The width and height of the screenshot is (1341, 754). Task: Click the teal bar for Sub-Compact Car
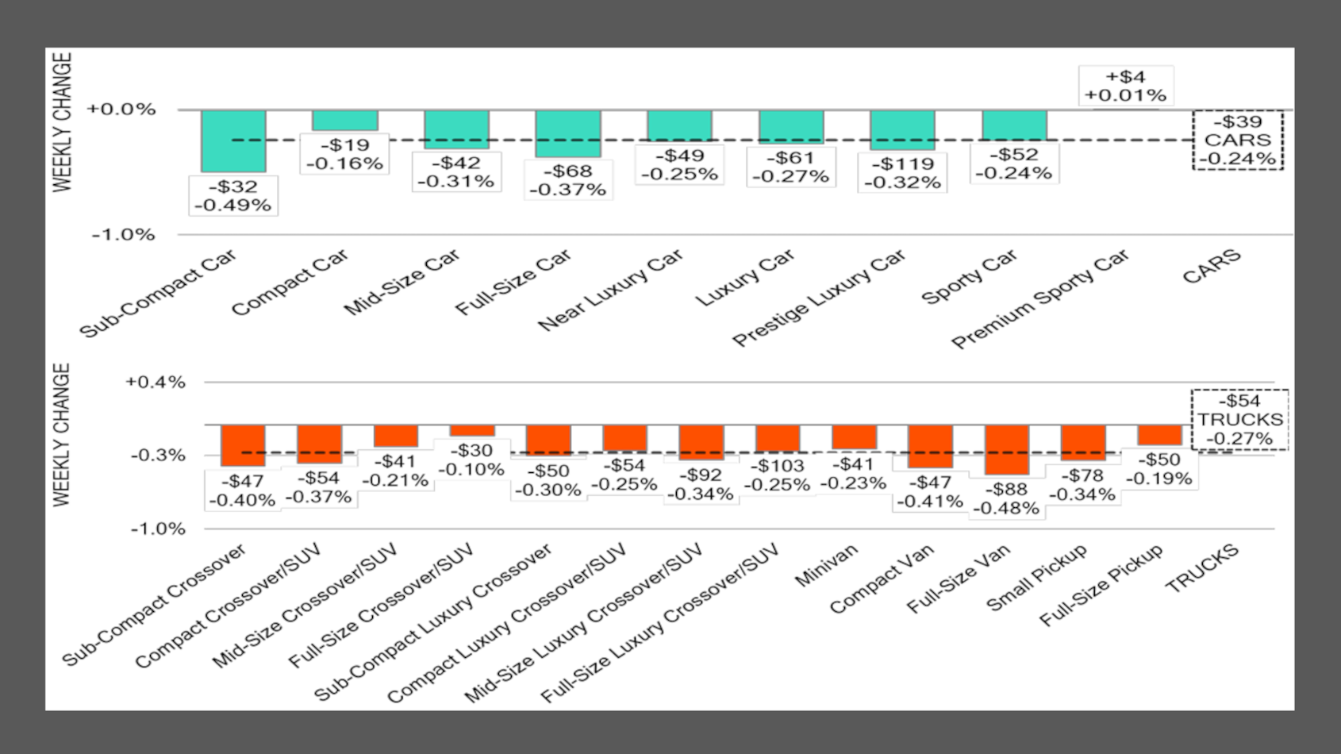[233, 140]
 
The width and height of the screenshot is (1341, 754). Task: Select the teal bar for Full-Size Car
[568, 133]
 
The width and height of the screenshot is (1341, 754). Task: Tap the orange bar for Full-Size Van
[1007, 449]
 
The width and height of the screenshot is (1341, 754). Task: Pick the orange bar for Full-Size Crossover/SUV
[472, 430]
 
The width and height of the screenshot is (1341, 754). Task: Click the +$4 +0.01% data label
[1125, 86]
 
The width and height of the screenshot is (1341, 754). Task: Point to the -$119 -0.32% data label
[902, 173]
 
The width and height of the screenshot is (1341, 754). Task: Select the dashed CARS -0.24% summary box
[1237, 140]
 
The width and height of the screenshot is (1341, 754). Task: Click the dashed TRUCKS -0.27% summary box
[1239, 419]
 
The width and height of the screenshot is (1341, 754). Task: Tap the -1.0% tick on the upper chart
[123, 235]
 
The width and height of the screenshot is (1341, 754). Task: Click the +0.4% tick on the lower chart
[156, 383]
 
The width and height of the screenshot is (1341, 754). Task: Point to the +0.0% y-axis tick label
[121, 110]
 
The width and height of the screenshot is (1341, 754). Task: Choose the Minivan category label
[826, 564]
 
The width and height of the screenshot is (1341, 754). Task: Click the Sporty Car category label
[969, 278]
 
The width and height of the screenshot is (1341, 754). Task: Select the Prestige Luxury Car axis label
[819, 298]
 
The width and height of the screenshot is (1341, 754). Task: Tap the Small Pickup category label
[1036, 577]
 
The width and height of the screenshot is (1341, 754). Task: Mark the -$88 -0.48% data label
[1006, 498]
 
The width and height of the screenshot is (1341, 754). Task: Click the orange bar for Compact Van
[931, 446]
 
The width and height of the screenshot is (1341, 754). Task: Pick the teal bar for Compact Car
[345, 120]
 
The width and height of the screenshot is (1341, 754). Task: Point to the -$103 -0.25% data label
[778, 475]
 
